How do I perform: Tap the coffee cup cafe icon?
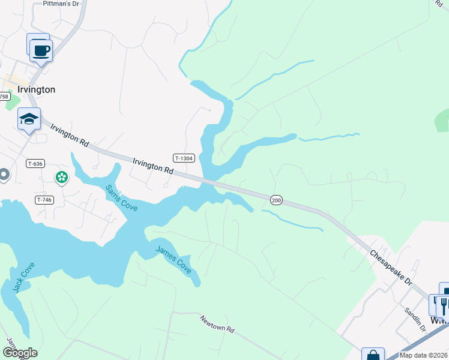[41, 50]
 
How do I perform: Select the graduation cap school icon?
[29, 119]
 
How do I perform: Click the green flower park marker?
[61, 177]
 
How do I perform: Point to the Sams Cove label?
[121, 197]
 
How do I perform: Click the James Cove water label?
[173, 260]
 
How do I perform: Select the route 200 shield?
[276, 200]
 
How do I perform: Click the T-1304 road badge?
[184, 158]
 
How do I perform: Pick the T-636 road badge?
[35, 163]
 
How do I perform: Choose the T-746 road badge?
[44, 200]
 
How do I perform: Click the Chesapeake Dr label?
[391, 268]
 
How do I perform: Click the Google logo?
[20, 353]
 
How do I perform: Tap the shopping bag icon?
[373, 355]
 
